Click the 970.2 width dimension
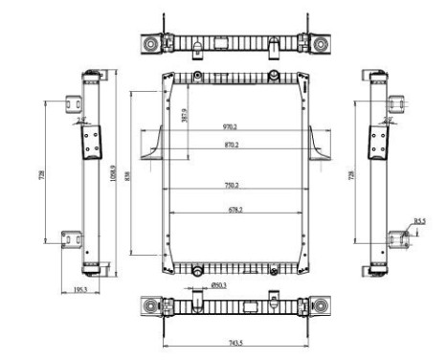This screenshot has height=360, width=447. (230, 126)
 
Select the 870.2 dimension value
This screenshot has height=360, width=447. (230, 145)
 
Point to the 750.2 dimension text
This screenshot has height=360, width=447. (230, 185)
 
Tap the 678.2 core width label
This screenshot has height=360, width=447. (230, 209)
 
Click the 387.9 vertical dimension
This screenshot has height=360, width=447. (185, 115)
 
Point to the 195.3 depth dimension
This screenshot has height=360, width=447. (81, 289)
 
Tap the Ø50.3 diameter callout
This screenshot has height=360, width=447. (218, 284)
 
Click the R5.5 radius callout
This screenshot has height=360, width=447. (419, 221)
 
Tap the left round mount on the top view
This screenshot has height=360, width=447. (151, 44)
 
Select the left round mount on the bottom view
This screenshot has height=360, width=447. (151, 307)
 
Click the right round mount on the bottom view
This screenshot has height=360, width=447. (317, 307)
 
